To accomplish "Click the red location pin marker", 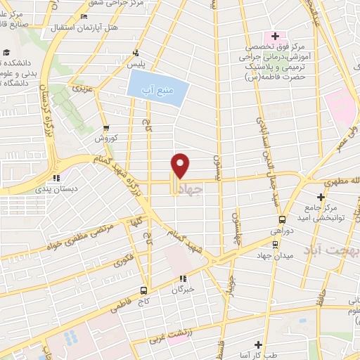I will [x=181, y=165].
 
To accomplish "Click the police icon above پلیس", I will [x=136, y=53].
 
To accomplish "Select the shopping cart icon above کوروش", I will [x=106, y=128].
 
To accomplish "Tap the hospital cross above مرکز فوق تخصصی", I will [x=275, y=36].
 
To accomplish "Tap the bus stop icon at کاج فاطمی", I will [x=143, y=290].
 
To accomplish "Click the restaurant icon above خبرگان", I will [x=182, y=278].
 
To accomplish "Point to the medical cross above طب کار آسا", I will [x=258, y=345].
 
